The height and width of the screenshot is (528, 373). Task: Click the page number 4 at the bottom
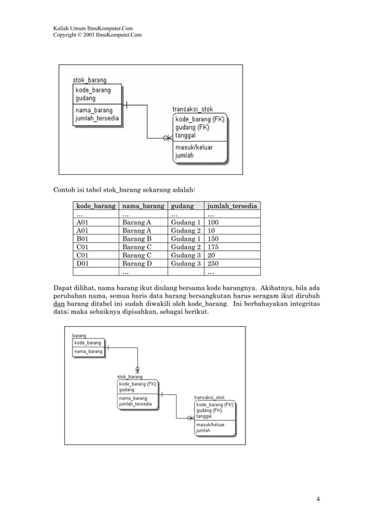point(317,499)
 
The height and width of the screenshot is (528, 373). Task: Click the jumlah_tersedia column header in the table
point(232,206)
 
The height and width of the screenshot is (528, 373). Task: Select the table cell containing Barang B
point(137,239)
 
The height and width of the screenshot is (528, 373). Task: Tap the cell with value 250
point(214,263)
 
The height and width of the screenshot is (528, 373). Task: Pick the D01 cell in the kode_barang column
point(82,263)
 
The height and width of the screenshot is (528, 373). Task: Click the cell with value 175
point(214,247)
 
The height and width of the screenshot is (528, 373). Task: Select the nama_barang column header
point(143,206)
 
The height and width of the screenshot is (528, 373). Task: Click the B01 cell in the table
point(82,239)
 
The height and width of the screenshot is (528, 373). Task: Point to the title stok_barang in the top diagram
point(89,80)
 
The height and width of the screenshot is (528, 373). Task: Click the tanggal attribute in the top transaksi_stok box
point(185,136)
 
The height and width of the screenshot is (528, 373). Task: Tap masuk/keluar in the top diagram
point(194,147)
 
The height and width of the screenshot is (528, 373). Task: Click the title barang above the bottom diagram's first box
point(79,336)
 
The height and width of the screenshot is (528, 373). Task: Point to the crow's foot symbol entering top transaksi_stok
point(168,138)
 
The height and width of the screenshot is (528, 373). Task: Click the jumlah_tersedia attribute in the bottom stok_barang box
point(135,404)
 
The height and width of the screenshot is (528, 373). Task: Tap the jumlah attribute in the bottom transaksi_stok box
point(203,430)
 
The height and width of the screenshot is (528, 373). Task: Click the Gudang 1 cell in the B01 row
point(185,239)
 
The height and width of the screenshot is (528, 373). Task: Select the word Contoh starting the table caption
point(65,190)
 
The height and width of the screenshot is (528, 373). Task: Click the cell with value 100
point(214,222)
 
